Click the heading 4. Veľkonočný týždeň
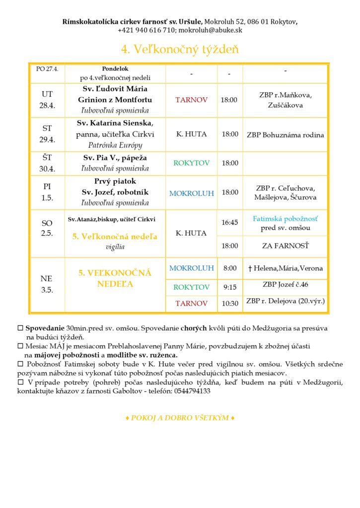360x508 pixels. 180,50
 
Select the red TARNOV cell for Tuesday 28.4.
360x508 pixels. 191,100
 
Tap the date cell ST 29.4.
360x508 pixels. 47,133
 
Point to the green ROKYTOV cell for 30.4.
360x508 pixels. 191,163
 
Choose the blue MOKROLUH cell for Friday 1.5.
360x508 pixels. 191,193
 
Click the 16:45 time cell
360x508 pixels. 229,223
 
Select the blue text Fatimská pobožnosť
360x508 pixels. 285,218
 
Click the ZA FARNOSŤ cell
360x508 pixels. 285,246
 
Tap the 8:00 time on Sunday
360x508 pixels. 229,268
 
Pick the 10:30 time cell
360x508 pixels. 229,303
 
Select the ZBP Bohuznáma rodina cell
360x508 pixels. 285,134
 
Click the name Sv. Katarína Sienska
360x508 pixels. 115,123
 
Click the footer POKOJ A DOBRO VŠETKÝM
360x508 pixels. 180,418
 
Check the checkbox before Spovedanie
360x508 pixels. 20,328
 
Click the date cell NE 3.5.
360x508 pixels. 47,284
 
